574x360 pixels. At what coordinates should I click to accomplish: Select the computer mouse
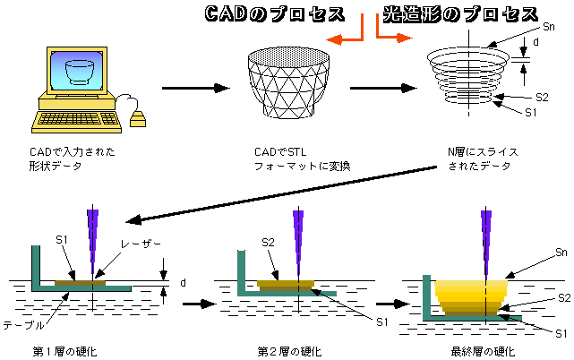click(x=138, y=118)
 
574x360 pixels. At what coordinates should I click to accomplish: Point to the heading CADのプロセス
click(x=275, y=14)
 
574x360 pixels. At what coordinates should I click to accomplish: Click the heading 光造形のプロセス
click(x=460, y=14)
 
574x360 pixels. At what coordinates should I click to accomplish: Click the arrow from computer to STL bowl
click(x=196, y=88)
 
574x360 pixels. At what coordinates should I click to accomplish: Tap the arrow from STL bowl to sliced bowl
click(x=383, y=88)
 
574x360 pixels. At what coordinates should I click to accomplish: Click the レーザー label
click(x=141, y=244)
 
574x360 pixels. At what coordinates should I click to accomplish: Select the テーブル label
click(x=24, y=325)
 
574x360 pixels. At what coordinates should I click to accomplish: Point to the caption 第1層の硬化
click(x=64, y=352)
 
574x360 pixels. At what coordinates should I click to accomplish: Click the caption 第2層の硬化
click(x=289, y=352)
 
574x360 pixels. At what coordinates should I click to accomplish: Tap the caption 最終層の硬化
click(x=483, y=352)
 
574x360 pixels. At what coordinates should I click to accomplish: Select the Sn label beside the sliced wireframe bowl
click(x=548, y=26)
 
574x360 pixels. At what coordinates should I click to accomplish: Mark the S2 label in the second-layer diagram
click(x=268, y=243)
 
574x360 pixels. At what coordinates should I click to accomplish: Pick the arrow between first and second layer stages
click(x=199, y=304)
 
